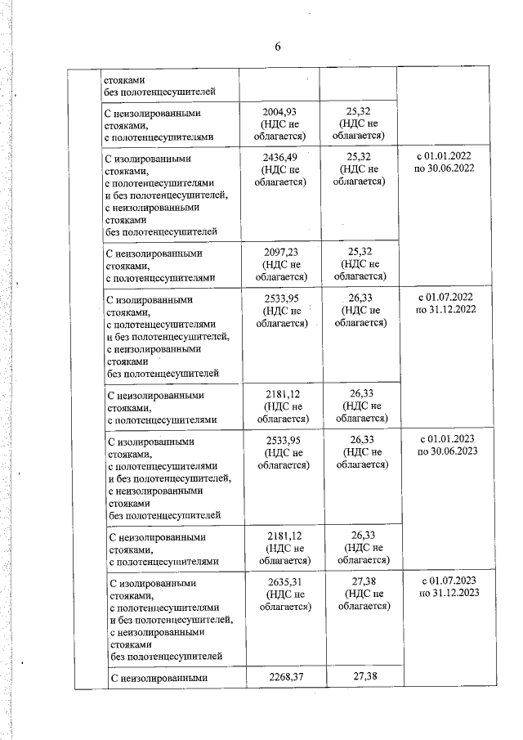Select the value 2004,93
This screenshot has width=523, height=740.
point(280,113)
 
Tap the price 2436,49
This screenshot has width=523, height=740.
point(280,156)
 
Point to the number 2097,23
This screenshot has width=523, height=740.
point(280,251)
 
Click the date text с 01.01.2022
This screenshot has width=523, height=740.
point(445,156)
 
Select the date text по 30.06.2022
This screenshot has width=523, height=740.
point(445,168)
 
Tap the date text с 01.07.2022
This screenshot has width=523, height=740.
point(446,298)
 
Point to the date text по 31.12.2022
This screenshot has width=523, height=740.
point(446,310)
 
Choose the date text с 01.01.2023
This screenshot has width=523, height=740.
point(446,440)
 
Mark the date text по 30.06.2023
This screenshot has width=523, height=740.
point(446,452)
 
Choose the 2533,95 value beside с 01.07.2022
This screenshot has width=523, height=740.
point(281,298)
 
